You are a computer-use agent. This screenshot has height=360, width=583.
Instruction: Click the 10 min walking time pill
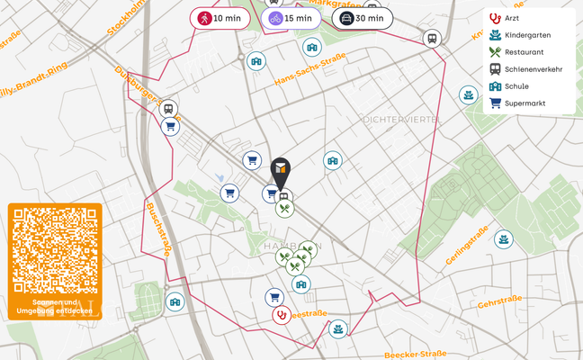[x=220, y=18]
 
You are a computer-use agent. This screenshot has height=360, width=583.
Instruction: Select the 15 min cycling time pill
[x=291, y=18]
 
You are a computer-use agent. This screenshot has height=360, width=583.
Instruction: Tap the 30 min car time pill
[x=362, y=18]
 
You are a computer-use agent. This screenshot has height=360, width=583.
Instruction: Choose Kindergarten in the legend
[x=526, y=35]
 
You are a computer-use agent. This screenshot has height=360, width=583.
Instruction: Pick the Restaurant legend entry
[x=524, y=52]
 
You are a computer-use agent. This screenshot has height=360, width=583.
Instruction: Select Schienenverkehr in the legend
[x=533, y=69]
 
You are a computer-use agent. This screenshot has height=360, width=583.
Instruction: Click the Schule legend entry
[x=516, y=86]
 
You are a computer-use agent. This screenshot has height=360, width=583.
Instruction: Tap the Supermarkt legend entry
[x=525, y=103]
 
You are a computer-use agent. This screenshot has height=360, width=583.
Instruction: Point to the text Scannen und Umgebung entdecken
[x=55, y=307]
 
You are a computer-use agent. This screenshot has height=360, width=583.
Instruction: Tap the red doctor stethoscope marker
[x=282, y=315]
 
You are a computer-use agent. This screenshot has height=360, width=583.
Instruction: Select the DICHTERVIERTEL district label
[x=401, y=119]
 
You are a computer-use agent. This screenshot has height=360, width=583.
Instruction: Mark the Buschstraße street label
[x=157, y=229]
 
